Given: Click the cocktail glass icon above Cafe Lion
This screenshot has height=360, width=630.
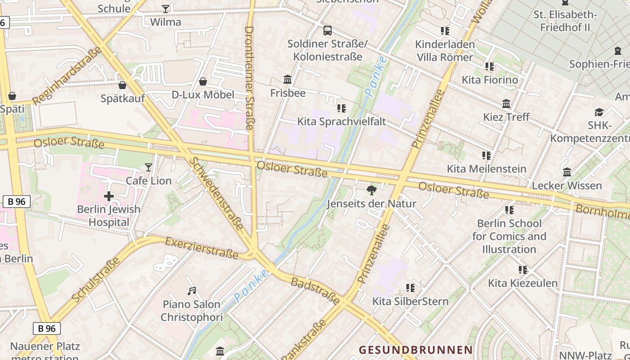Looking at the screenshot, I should click(x=148, y=168).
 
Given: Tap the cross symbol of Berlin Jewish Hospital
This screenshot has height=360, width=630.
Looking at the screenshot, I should click(x=108, y=196).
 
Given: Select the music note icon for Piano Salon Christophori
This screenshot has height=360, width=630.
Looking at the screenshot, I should click(x=192, y=291).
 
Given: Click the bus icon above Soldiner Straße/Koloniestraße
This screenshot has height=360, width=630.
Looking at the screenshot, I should click(x=328, y=31).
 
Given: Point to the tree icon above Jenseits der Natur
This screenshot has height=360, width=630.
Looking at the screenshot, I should click(x=371, y=190).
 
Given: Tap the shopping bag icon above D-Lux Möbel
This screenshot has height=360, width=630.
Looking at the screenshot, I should click(x=203, y=81).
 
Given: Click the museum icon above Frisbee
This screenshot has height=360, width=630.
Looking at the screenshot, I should click(x=288, y=80).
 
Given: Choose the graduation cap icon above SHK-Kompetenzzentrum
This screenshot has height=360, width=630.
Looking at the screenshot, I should click(x=599, y=112).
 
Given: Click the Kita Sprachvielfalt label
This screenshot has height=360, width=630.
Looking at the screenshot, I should click(x=342, y=121).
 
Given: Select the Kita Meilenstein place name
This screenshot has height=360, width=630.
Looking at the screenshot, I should click(x=486, y=169).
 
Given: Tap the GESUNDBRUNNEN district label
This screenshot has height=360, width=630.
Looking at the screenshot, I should click(x=416, y=350).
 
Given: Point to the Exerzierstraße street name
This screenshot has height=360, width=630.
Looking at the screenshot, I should click(x=202, y=248).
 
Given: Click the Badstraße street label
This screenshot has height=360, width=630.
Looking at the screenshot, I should click(x=315, y=291).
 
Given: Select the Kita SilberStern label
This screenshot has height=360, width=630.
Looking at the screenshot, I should click(x=410, y=301).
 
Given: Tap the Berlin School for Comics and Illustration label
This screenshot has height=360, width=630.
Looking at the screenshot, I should click(x=509, y=236).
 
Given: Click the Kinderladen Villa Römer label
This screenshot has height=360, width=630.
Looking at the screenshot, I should click(x=445, y=51).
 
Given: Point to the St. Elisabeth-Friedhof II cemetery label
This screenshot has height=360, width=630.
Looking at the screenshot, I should click(x=565, y=21).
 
